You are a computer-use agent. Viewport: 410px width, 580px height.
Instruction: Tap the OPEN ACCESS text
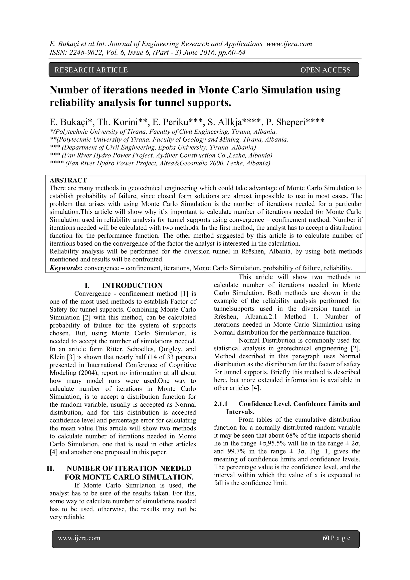pos(325,70)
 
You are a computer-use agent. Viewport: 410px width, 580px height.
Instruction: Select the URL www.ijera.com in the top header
pos(289,44)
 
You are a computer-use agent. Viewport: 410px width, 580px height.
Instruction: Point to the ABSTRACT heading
pos(68,180)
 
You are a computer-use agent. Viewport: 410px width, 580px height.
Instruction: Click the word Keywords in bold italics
pos(65,268)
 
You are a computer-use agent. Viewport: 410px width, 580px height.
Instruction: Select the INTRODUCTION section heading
pos(132,285)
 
